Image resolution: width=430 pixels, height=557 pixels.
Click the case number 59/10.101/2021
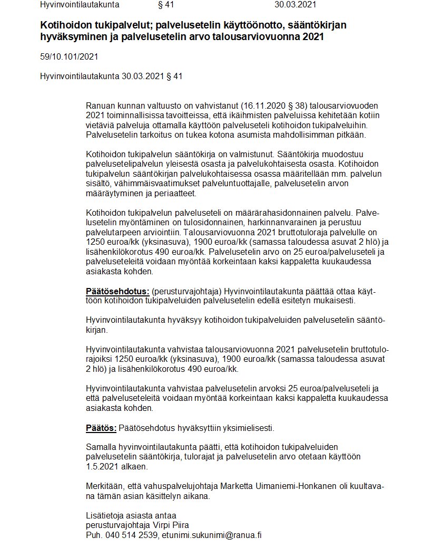pyautogui.click(x=69, y=56)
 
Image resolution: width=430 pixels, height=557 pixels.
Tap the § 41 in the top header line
pyautogui.click(x=166, y=5)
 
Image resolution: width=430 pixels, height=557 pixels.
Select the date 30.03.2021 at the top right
pyautogui.click(x=295, y=5)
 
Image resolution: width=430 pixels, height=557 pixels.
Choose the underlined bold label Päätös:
pyautogui.click(x=101, y=427)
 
